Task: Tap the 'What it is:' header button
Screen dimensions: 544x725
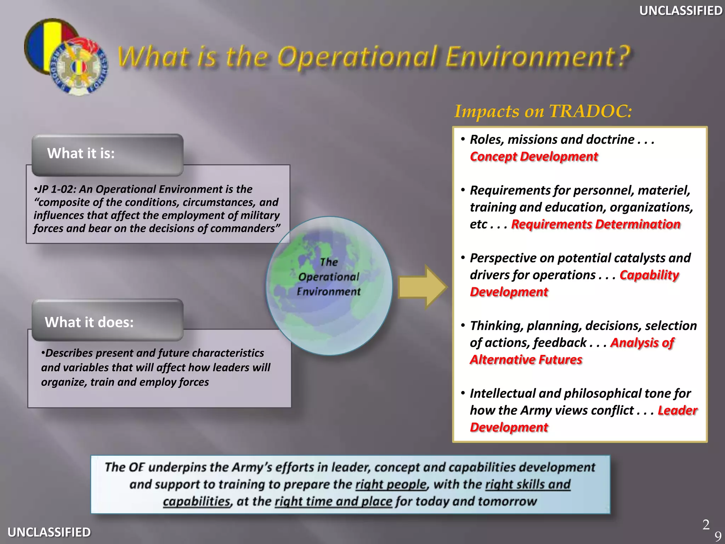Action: click(107, 154)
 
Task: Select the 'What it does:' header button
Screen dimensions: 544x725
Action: click(107, 321)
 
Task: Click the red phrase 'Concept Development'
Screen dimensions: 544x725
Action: click(533, 157)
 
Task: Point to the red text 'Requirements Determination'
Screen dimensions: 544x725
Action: click(595, 224)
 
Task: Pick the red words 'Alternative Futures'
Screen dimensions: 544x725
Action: click(526, 359)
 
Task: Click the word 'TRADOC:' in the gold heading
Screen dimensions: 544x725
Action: click(590, 112)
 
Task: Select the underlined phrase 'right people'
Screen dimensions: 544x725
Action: click(391, 484)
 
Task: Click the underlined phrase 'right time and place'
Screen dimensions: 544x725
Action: click(333, 501)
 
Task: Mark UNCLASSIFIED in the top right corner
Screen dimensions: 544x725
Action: click(680, 11)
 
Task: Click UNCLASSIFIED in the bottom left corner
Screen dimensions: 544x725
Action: click(49, 532)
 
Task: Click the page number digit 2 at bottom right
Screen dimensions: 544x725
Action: click(706, 525)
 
